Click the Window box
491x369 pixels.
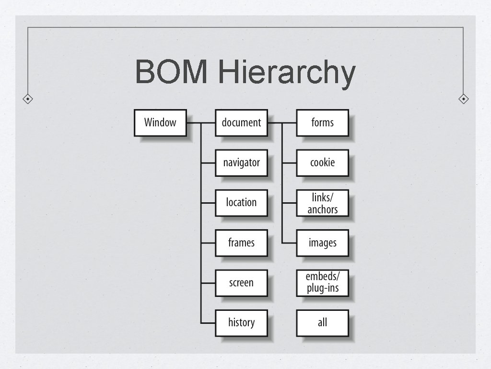160,123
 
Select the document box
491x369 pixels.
241,123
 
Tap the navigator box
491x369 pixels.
241,163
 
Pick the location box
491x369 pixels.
241,203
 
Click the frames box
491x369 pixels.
241,243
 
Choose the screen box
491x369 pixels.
241,283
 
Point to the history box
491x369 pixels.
241,322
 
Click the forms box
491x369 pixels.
322,123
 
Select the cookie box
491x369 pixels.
322,163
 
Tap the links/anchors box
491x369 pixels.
322,203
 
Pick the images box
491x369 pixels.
322,243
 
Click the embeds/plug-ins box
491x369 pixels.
322,283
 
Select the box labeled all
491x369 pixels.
322,322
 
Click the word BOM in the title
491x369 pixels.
171,72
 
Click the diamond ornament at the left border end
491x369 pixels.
28,99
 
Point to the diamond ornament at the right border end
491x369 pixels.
463,99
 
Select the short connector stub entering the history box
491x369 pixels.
208,323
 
